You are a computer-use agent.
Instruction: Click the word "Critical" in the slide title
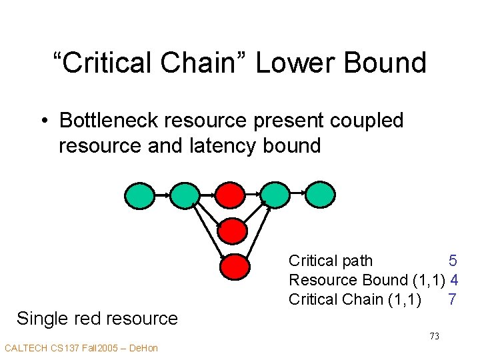coord(104,63)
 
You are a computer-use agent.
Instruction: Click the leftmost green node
coord(139,194)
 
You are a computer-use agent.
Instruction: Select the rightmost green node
coord(320,194)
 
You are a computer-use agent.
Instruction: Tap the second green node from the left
coord(185,194)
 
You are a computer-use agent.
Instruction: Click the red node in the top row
coord(230,194)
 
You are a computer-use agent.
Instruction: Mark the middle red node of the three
coord(233,231)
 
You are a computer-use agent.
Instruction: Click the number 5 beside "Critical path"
coord(452,261)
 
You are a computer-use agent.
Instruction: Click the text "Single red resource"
coord(97,319)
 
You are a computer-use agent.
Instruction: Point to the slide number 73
coord(434,336)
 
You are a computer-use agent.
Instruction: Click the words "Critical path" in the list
coord(331,261)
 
